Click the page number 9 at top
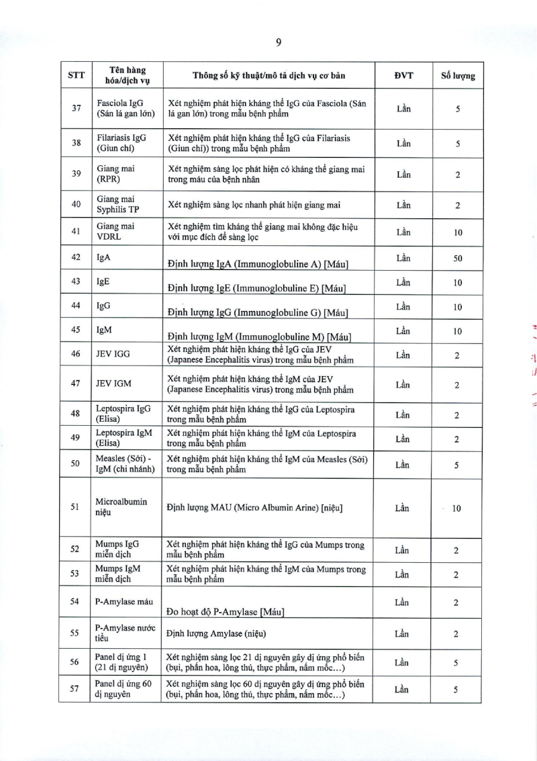(278, 42)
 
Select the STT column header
(77, 75)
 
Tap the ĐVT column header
(403, 75)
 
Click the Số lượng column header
(457, 75)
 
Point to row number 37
(77, 108)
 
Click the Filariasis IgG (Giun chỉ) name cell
(121, 142)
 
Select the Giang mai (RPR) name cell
(116, 175)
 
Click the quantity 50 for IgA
(457, 259)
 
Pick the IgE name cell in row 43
(103, 282)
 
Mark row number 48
(77, 414)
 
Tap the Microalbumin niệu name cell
(121, 507)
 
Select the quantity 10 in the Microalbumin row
(456, 508)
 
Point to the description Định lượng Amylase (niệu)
(224, 633)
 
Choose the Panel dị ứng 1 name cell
(121, 662)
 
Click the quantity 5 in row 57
(456, 689)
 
